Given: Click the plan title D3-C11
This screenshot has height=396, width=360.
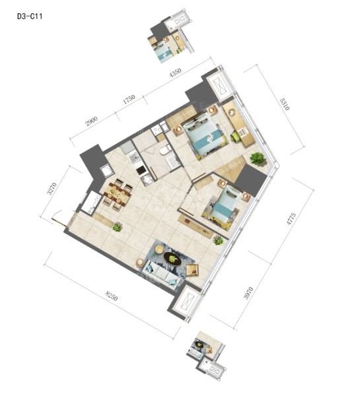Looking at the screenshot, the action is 30,16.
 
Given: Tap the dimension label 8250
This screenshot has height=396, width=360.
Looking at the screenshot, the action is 112,296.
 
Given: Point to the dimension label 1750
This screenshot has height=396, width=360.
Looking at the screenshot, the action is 129,99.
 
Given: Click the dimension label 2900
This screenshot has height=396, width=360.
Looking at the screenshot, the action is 92,121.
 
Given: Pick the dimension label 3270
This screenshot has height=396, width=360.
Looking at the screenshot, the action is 52,188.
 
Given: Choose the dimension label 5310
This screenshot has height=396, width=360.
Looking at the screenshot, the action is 285,104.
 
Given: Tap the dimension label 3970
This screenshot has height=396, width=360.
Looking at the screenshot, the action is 248,293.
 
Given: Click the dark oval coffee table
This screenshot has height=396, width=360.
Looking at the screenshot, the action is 172,259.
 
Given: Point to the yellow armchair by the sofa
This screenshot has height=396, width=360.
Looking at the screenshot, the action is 193,270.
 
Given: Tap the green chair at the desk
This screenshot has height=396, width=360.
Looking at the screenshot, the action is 236,137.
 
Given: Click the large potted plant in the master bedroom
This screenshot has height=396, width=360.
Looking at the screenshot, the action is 258,158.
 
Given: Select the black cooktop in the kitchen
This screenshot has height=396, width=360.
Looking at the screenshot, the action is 141,170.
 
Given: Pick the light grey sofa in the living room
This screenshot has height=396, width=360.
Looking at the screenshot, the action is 161,275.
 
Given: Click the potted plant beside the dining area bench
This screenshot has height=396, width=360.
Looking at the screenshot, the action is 117,227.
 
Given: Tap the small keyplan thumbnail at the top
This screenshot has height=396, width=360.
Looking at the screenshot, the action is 171,36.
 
